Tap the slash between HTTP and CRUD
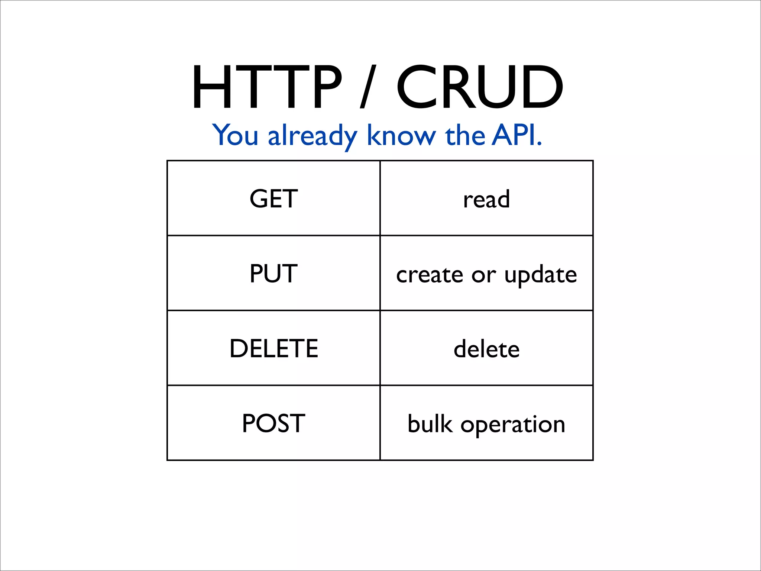(x=368, y=87)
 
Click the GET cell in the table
(x=273, y=199)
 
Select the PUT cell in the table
(x=273, y=274)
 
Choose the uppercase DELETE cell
(x=274, y=349)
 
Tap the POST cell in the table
(x=273, y=423)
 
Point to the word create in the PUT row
(x=430, y=275)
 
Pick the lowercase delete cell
(x=486, y=349)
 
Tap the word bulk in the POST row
(x=430, y=423)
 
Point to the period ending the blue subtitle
(x=540, y=144)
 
